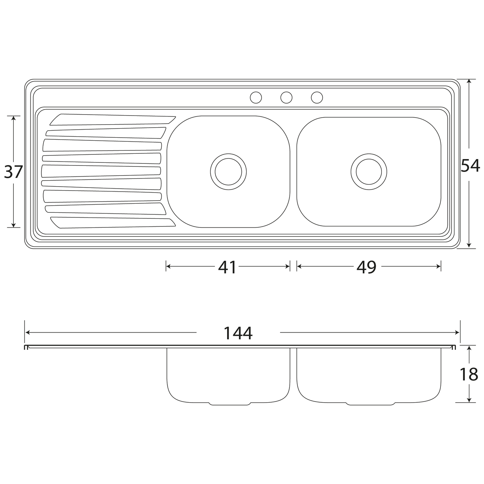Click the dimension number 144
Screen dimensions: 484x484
click(x=238, y=333)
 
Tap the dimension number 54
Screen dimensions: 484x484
click(x=471, y=165)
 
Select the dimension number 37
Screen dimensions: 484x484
click(x=13, y=172)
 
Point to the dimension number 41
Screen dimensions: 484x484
click(x=227, y=267)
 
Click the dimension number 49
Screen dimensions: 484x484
click(x=366, y=267)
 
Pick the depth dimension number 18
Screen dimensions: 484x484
click(x=469, y=374)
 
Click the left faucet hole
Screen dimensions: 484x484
click(x=256, y=97)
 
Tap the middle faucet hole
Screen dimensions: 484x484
click(x=286, y=97)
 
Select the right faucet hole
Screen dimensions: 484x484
click(x=317, y=97)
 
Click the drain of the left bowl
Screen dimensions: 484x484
click(x=228, y=172)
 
